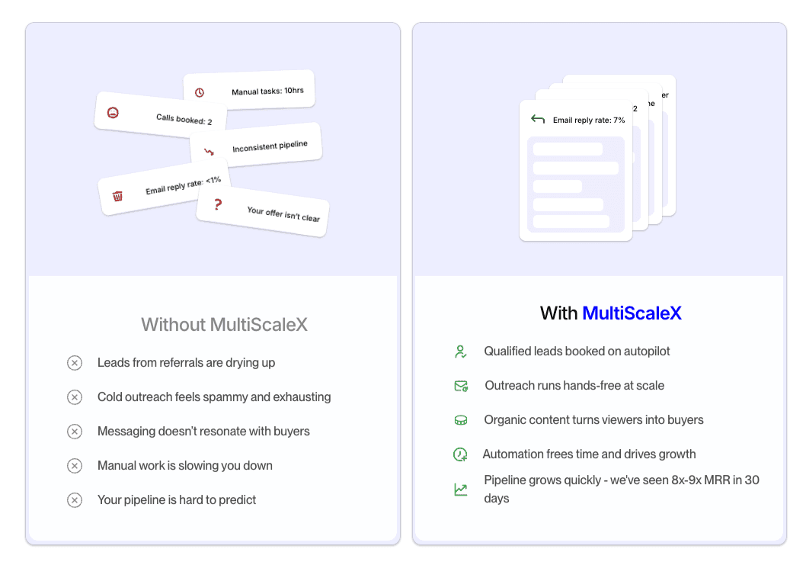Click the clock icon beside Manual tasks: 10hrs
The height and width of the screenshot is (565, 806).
tap(200, 92)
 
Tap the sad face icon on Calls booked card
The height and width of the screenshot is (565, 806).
tap(113, 113)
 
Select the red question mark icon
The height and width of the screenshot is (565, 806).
tap(218, 204)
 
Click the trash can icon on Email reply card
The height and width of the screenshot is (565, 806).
tap(117, 196)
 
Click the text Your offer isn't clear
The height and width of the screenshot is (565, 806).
tap(283, 214)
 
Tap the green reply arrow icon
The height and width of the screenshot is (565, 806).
tap(538, 119)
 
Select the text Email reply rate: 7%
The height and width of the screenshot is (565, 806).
tap(589, 120)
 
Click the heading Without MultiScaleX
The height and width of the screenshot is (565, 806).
tap(225, 325)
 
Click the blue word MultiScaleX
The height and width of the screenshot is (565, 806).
tap(632, 313)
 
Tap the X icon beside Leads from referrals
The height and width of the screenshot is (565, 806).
tap(75, 363)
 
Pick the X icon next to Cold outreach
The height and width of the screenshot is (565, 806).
tap(75, 397)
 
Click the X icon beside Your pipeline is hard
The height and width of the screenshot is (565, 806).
tap(75, 500)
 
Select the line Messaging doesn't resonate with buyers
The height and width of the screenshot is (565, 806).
tap(203, 432)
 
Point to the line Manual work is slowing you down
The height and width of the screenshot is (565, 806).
tap(185, 466)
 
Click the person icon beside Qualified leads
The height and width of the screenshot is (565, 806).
tap(460, 352)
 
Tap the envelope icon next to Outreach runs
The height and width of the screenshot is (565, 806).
tap(461, 386)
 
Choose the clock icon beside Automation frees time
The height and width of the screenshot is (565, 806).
tap(460, 454)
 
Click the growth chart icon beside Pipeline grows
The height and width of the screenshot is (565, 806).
tap(460, 490)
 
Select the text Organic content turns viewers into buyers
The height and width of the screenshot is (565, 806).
tap(593, 420)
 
